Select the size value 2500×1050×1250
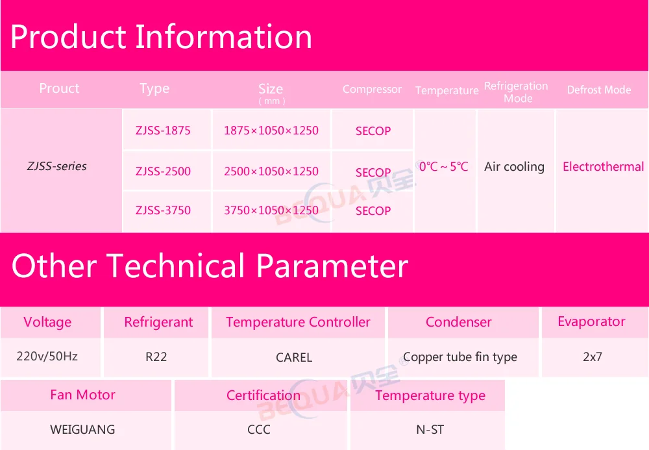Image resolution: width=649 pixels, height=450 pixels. pos(271,171)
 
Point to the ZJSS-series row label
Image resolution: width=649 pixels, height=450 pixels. pos(56,166)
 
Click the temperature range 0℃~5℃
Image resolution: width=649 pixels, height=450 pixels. pos(443,166)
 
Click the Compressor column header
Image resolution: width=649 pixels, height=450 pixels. pos(372,90)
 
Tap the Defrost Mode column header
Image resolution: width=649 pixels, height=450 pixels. pos(599,90)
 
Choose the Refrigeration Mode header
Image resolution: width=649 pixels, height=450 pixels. pos(516,92)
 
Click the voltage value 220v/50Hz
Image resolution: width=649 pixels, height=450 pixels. pos(47,356)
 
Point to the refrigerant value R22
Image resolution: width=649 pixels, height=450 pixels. pos(156,356)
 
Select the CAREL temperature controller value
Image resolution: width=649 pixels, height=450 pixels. pos(294,357)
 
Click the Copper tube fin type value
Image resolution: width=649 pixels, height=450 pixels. pos(460,357)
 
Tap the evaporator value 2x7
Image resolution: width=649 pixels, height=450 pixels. pos(593,356)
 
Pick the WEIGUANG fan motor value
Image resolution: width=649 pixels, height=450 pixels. pos(82,429)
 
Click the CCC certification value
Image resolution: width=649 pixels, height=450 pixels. pos(259,429)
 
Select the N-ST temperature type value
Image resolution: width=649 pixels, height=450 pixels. pos(430,430)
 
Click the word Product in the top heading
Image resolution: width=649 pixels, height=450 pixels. pos(68,36)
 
